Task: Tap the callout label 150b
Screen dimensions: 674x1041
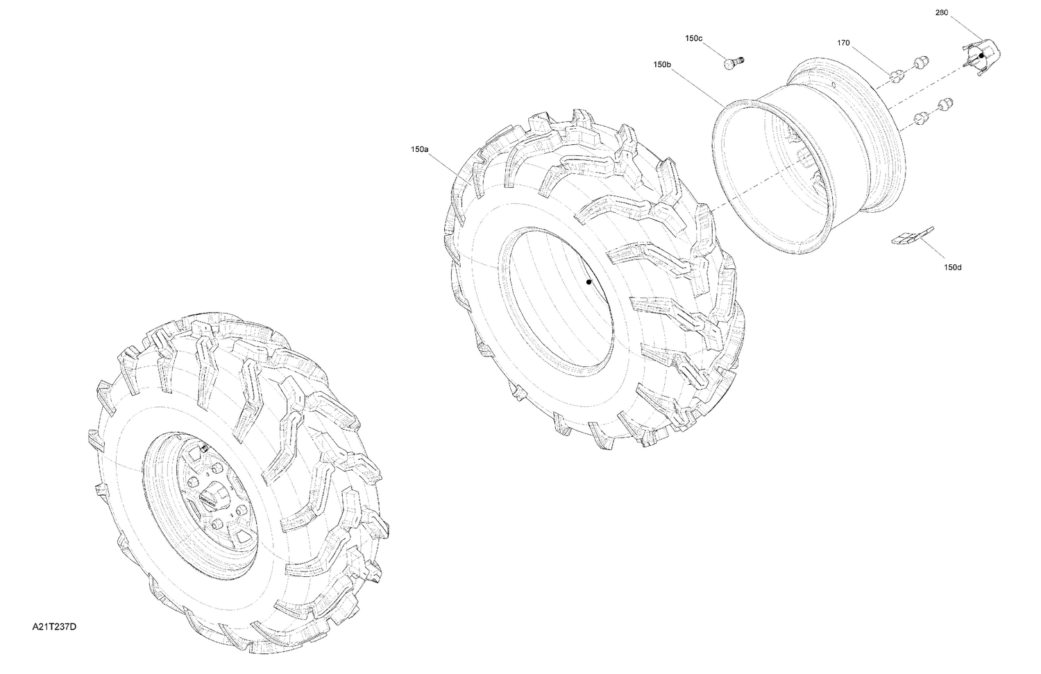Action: click(661, 64)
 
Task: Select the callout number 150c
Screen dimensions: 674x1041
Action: click(693, 39)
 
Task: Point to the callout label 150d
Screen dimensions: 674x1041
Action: click(953, 267)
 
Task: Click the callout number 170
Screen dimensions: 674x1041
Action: click(843, 43)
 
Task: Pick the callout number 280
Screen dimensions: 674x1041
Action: click(941, 12)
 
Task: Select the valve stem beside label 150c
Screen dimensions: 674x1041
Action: click(732, 63)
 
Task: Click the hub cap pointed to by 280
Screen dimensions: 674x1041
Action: click(980, 55)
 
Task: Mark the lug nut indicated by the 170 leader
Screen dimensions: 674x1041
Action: click(895, 75)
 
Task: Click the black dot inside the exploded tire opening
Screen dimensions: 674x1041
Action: click(588, 282)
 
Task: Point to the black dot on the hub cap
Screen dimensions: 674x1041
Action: click(981, 55)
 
